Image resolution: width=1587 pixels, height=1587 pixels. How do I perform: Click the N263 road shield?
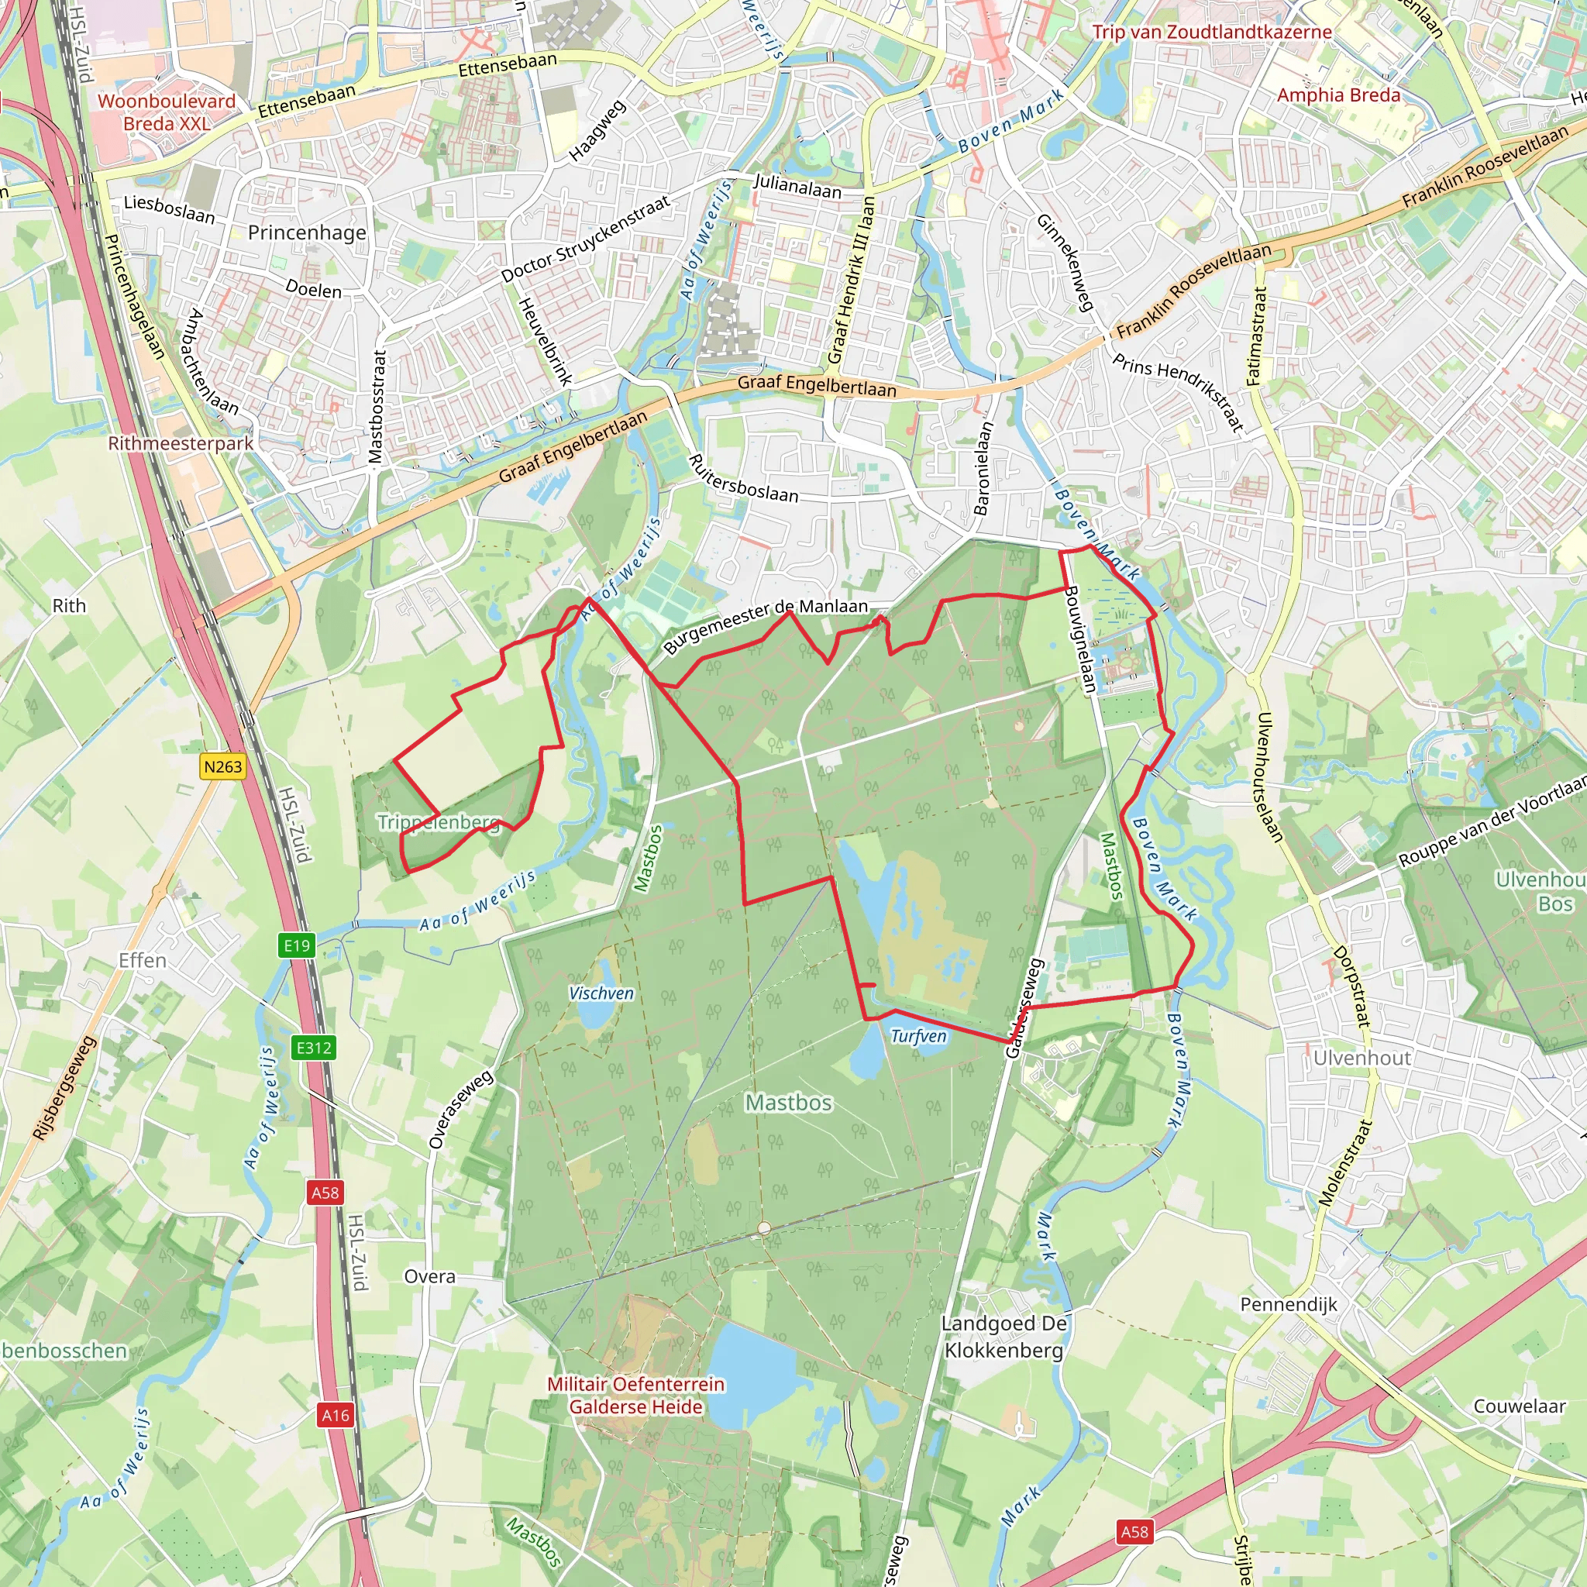click(222, 766)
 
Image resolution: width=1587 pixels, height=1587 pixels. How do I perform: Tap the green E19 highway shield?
click(297, 945)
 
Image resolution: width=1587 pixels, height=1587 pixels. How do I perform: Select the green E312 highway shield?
click(314, 1048)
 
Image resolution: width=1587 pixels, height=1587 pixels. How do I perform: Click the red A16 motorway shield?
click(335, 1414)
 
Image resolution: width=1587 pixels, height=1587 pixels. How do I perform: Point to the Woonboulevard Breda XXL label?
click(167, 112)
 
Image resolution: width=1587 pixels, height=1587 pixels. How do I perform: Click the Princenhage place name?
click(307, 232)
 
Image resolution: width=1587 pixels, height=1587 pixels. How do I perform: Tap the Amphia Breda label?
click(1338, 95)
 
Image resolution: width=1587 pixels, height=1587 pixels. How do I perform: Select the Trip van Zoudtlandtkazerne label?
click(1212, 32)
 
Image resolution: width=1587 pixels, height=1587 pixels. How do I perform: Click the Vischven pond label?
click(601, 993)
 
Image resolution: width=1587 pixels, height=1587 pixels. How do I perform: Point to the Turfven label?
click(918, 1036)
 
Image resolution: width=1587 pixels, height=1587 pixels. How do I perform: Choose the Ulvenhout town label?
click(1362, 1057)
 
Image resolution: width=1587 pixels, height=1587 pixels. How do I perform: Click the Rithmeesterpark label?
click(181, 443)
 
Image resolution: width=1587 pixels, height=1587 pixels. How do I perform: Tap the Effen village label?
click(142, 960)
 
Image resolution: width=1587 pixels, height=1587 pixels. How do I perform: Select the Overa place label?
click(429, 1275)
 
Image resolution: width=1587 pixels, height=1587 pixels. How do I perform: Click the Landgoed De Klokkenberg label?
click(1003, 1337)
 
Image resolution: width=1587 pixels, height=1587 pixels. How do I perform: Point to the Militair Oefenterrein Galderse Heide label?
click(635, 1395)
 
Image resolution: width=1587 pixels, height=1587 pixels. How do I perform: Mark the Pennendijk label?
click(1289, 1303)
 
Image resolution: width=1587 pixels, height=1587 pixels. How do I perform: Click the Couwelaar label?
click(1519, 1406)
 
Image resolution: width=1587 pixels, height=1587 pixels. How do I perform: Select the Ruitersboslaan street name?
click(743, 479)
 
